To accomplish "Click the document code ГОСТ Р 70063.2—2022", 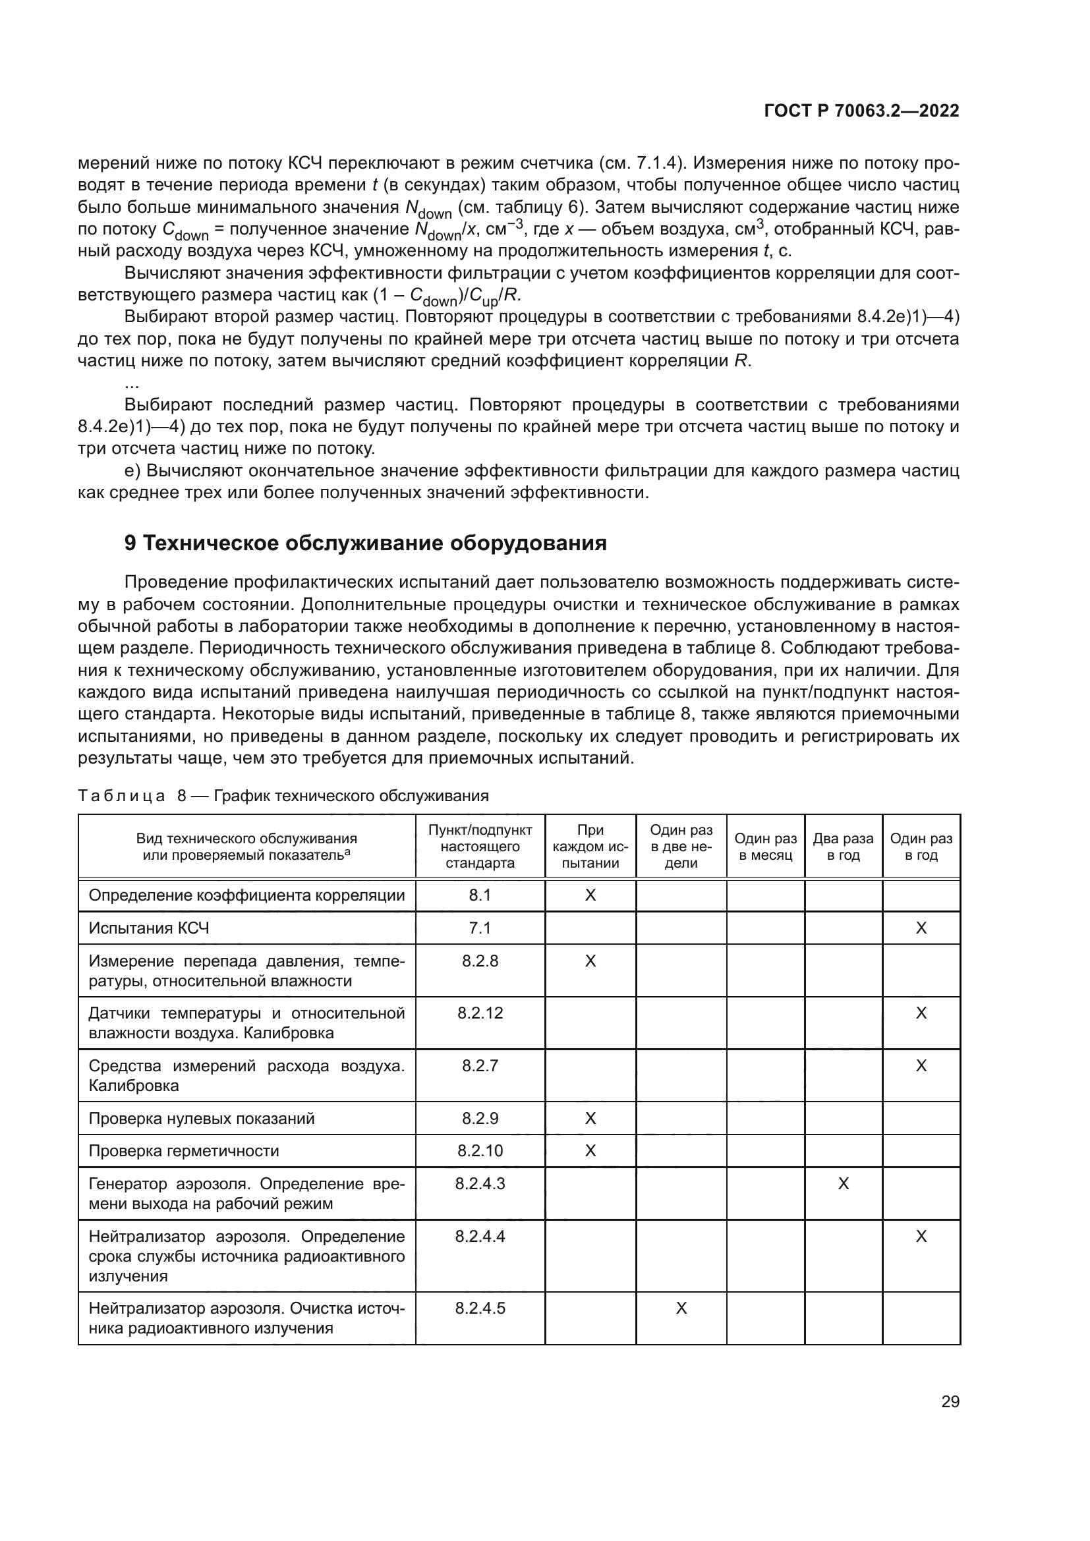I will (861, 111).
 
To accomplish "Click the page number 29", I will (950, 1402).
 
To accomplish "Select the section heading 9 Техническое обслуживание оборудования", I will (366, 543).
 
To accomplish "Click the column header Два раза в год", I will (843, 847).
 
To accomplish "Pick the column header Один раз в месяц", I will (765, 847).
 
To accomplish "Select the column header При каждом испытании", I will (590, 847).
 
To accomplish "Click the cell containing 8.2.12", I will (480, 1013).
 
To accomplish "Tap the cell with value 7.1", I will (480, 928).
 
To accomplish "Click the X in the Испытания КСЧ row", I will (921, 928).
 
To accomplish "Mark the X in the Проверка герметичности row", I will (590, 1151).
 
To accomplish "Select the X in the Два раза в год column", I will (843, 1184).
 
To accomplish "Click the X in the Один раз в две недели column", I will (681, 1308).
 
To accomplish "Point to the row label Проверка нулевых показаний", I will (202, 1118).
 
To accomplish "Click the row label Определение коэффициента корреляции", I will (246, 895).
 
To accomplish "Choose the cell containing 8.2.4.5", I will (480, 1308).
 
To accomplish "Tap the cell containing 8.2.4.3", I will (480, 1184).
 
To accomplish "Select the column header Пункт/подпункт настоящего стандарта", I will (480, 847).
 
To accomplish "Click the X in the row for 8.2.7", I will (921, 1066).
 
